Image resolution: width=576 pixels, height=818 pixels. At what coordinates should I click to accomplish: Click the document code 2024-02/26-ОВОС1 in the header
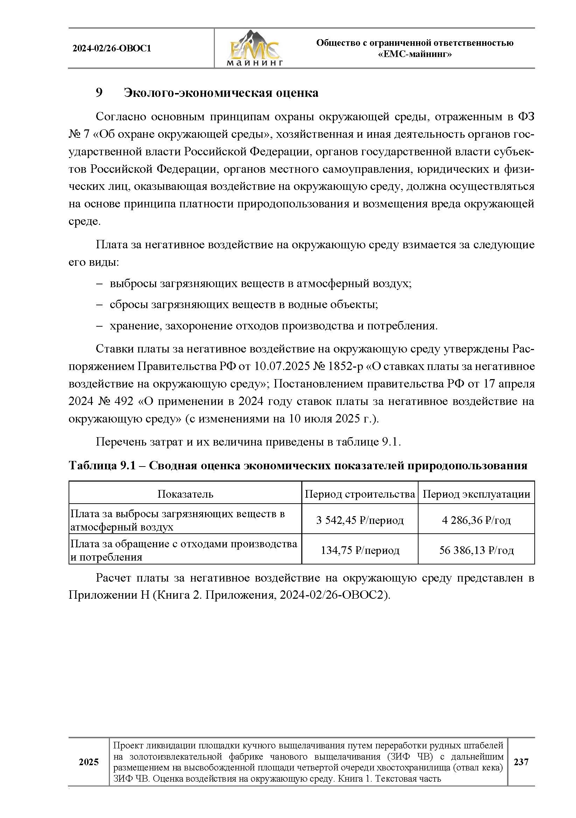click(x=112, y=49)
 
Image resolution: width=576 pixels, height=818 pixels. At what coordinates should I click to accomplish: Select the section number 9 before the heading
click(x=99, y=93)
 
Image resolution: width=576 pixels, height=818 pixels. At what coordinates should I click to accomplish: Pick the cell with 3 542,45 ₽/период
click(x=359, y=520)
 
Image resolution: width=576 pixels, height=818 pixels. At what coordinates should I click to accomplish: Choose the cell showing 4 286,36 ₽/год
click(x=476, y=520)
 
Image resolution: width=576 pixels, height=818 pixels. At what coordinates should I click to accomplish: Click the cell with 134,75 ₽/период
click(x=359, y=550)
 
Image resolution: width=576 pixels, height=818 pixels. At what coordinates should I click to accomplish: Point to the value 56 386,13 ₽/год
click(x=476, y=550)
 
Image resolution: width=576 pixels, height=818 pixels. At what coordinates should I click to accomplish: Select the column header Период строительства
click(x=359, y=494)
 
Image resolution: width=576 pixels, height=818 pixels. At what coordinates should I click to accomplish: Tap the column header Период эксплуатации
click(x=476, y=494)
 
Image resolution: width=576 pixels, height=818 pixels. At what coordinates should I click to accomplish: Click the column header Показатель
click(x=185, y=494)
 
